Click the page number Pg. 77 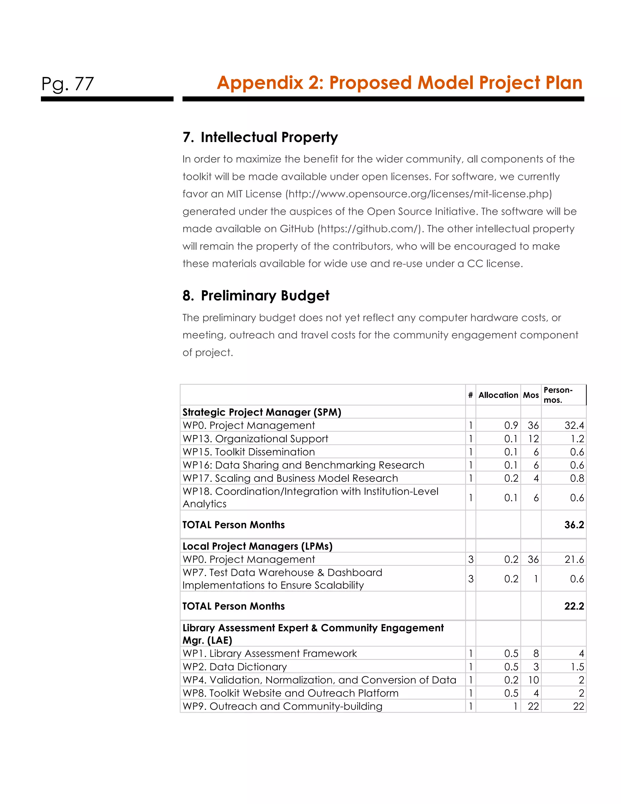click(x=68, y=84)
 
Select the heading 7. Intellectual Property click(x=260, y=137)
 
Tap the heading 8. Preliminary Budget click(x=256, y=296)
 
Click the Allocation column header click(x=498, y=395)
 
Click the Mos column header click(x=531, y=395)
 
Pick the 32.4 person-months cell click(x=574, y=426)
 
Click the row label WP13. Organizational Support click(x=255, y=439)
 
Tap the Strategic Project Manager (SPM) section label click(x=262, y=412)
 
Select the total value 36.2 click(x=574, y=525)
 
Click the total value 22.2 click(x=574, y=606)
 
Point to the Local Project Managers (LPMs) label click(x=257, y=546)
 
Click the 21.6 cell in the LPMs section click(x=574, y=559)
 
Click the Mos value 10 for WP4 click(x=533, y=680)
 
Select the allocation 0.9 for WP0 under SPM click(x=511, y=426)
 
